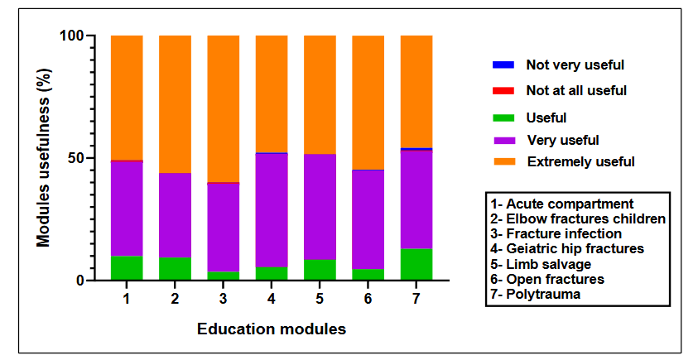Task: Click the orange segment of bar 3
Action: [x=223, y=108]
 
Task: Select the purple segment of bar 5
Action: [x=320, y=206]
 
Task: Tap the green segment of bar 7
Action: [x=416, y=264]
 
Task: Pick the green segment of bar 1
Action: [x=127, y=267]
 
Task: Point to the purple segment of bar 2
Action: [x=175, y=215]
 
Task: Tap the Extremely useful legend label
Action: [x=580, y=162]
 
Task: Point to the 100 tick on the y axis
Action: [x=74, y=36]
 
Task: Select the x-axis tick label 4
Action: [x=272, y=297]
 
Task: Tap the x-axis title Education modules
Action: [x=271, y=329]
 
